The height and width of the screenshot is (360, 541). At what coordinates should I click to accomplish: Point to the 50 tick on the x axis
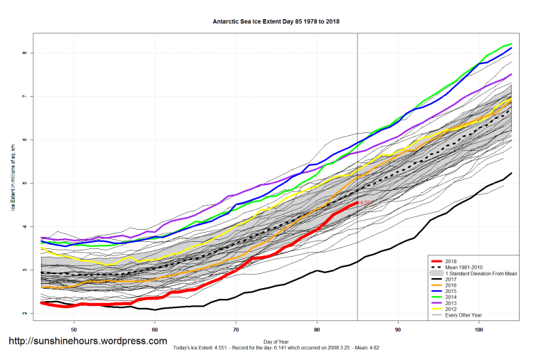click(74, 330)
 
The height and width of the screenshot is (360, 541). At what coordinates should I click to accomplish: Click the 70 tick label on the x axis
click(236, 330)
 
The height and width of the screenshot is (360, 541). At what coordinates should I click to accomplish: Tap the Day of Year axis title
click(276, 342)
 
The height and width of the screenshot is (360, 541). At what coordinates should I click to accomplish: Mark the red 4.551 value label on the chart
click(367, 203)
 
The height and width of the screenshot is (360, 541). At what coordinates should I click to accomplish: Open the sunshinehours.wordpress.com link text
click(88, 341)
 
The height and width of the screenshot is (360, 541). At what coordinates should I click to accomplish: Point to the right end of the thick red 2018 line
click(357, 203)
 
